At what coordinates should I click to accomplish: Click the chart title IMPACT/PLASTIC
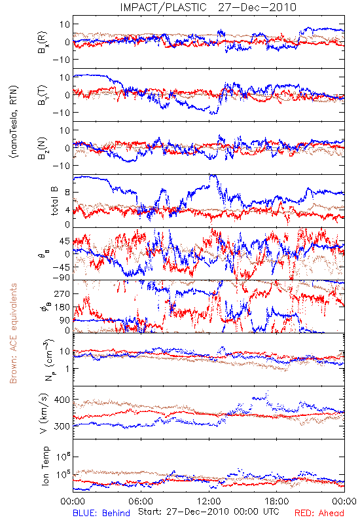(163, 7)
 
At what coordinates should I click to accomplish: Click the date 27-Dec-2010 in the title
(257, 7)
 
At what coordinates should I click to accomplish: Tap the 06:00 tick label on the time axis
(141, 501)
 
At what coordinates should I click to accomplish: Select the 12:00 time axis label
(209, 501)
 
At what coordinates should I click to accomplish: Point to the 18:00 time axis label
(277, 501)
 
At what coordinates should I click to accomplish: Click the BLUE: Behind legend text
(101, 513)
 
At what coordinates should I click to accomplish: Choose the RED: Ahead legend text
(319, 513)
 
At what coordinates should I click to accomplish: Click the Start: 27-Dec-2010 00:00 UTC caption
(208, 512)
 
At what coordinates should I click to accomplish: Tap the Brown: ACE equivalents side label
(13, 333)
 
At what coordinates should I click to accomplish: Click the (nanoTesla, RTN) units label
(14, 121)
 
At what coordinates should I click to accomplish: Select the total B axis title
(54, 201)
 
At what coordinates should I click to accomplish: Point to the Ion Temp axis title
(45, 466)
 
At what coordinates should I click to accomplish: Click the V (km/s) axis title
(44, 413)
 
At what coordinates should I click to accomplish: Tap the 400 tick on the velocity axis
(62, 400)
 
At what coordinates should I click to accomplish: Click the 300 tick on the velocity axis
(62, 426)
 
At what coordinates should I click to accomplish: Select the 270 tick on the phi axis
(62, 293)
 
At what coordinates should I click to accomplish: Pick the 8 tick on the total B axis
(67, 193)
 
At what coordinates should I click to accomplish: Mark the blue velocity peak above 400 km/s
(267, 392)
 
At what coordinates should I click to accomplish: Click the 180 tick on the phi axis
(62, 307)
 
